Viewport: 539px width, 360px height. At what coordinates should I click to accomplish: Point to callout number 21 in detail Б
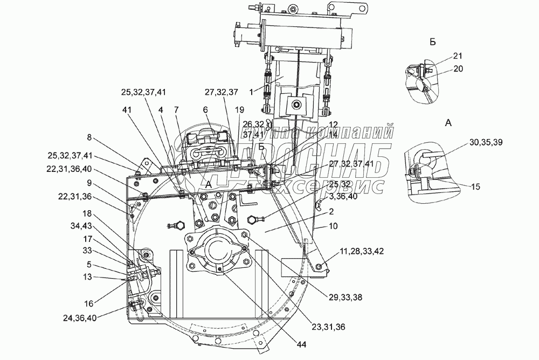[x=458, y=56]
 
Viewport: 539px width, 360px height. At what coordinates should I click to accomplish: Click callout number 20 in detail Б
[x=458, y=68]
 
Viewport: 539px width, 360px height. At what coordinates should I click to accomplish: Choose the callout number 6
[x=205, y=108]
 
